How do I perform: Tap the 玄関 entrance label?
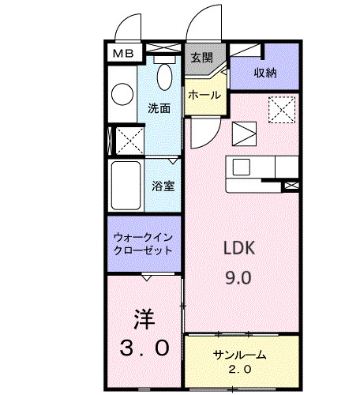click(x=201, y=58)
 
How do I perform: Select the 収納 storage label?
click(x=264, y=73)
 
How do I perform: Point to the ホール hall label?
click(x=204, y=95)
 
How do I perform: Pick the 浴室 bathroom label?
click(x=163, y=186)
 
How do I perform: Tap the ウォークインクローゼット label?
click(x=143, y=243)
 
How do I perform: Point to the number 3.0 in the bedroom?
click(x=143, y=347)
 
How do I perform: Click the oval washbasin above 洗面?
click(x=165, y=77)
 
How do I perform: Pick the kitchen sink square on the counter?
click(x=241, y=168)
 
